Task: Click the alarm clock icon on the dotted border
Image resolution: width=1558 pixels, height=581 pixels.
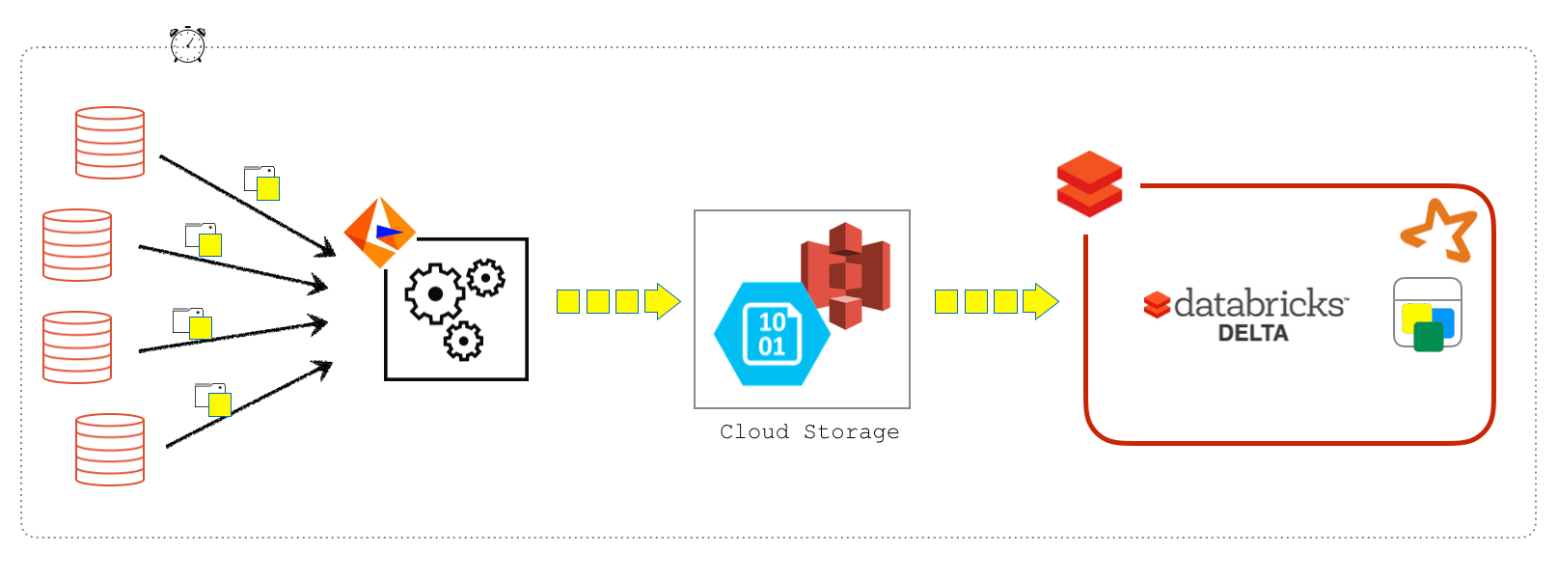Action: click(x=187, y=44)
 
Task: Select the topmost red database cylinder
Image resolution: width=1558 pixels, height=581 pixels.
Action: click(x=110, y=143)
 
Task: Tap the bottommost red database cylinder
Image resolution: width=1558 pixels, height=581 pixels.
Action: click(x=110, y=450)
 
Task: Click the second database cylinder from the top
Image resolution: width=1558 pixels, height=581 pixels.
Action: click(x=77, y=245)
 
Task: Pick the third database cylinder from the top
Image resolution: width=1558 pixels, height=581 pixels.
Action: click(x=77, y=347)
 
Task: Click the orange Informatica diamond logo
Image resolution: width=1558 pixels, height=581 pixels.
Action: click(x=379, y=233)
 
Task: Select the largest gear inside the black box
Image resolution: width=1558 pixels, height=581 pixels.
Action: click(x=434, y=293)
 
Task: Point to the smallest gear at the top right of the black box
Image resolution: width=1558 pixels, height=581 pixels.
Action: click(x=485, y=278)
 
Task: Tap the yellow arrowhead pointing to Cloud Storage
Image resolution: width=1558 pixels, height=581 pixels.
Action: click(x=663, y=301)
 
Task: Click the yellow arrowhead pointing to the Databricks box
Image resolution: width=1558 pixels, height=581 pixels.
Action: click(x=1041, y=301)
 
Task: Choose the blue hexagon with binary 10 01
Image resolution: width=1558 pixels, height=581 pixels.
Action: click(x=772, y=334)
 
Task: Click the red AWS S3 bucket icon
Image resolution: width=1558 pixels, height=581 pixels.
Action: click(x=846, y=275)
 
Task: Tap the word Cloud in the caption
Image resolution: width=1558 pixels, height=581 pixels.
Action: click(x=754, y=431)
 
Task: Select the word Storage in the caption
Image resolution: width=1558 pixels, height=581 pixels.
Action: click(x=851, y=431)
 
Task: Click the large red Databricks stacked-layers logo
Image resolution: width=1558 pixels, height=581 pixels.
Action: click(x=1089, y=183)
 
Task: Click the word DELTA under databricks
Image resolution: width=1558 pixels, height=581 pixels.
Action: click(x=1253, y=333)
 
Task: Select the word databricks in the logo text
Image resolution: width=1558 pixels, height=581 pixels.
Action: click(x=1259, y=304)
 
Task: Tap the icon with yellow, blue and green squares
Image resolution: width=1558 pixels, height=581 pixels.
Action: click(x=1428, y=315)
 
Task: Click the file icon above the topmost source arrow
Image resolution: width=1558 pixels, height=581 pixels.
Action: click(x=261, y=182)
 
